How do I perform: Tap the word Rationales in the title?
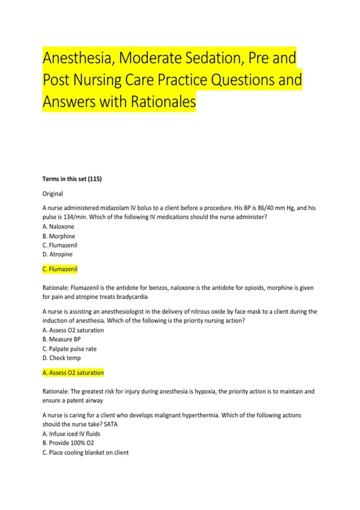click(163, 102)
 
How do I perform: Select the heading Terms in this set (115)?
click(72, 179)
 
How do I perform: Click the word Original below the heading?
click(52, 194)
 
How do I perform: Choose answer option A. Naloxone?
click(58, 226)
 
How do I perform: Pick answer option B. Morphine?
click(59, 236)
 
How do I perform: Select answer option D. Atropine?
click(58, 254)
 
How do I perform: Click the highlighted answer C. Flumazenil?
click(60, 269)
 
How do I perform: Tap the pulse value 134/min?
click(75, 217)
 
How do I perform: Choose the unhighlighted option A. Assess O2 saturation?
click(73, 330)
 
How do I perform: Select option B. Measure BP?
click(61, 339)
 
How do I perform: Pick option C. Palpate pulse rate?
click(70, 349)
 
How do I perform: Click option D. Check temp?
click(61, 358)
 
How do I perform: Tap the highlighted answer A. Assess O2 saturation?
click(73, 373)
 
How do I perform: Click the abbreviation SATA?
click(111, 424)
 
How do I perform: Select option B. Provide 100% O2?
click(68, 443)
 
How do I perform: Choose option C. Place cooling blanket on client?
click(85, 452)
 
